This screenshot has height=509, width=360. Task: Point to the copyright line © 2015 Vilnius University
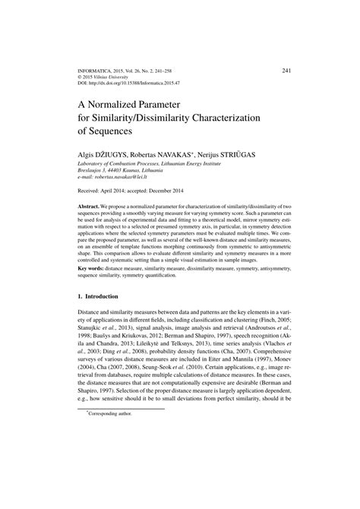(109, 76)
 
